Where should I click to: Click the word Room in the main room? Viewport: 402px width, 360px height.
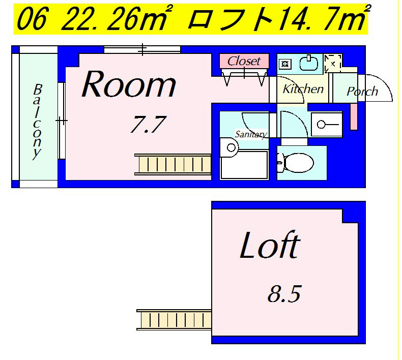(129, 85)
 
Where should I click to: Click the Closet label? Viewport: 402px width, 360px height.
(244, 61)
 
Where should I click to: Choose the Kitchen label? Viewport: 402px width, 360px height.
(303, 89)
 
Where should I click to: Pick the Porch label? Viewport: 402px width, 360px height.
(362, 92)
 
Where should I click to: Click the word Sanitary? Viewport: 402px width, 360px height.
(250, 135)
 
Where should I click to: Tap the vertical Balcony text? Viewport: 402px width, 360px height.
(37, 122)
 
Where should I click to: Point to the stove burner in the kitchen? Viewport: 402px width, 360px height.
(285, 64)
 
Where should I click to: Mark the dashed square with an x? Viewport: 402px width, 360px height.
(333, 64)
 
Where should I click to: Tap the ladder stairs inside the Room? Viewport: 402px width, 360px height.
(173, 164)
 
